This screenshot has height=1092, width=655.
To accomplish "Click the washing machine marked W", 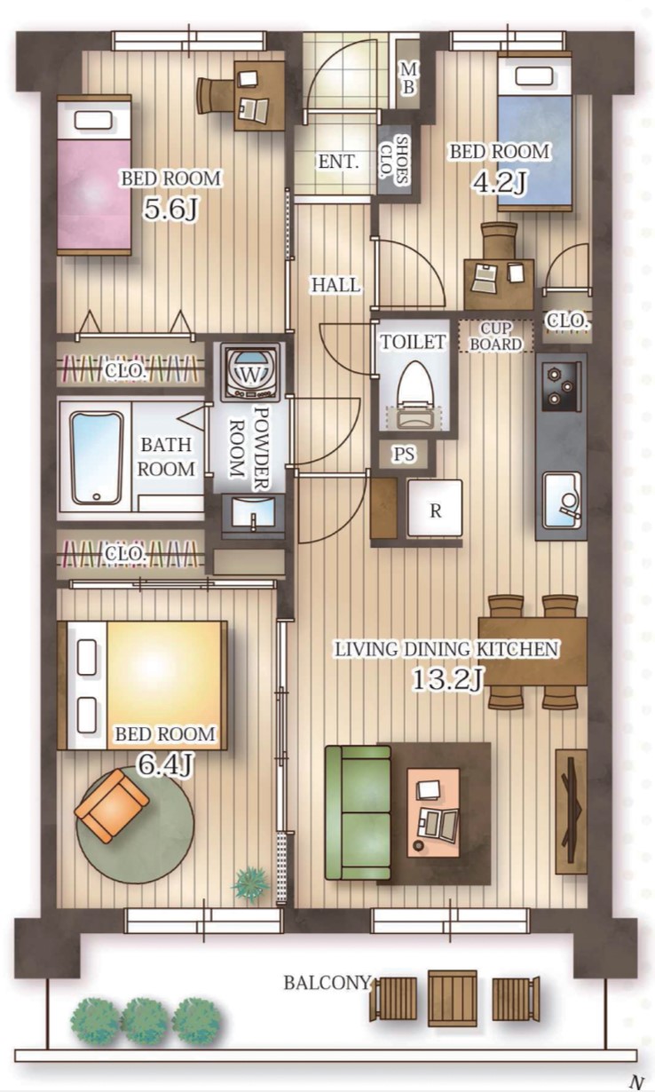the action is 250,371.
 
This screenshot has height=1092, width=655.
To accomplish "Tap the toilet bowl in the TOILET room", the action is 414,395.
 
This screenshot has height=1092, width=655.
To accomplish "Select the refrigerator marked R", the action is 435,509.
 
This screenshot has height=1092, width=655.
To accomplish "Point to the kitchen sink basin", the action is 563,499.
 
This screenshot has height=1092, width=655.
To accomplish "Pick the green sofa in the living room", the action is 359,812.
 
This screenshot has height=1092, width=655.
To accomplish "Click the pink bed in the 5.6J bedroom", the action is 94,175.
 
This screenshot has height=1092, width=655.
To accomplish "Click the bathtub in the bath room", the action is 96,458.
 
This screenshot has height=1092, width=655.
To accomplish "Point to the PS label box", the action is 404,455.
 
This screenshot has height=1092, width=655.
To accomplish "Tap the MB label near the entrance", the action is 408,78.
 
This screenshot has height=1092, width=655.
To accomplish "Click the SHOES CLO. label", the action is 394,160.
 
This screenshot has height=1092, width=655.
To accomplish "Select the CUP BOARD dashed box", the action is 495,336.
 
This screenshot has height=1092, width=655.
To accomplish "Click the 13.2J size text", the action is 448,678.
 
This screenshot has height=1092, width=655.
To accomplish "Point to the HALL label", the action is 335,285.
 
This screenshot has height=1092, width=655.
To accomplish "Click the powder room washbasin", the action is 253,513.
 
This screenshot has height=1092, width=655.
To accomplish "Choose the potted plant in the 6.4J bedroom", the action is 251,882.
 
